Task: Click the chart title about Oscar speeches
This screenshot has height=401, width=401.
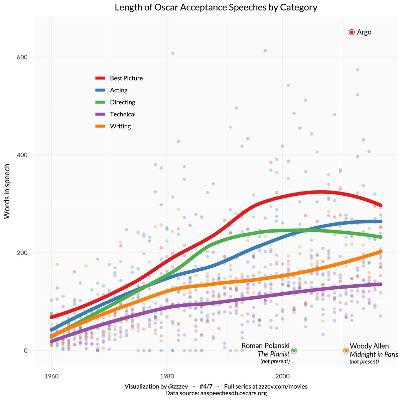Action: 216,7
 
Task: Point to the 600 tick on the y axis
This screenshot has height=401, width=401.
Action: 22,57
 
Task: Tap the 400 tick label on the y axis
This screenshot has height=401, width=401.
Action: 22,155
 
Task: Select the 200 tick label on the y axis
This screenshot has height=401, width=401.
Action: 22,253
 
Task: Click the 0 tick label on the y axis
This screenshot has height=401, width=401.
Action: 25,351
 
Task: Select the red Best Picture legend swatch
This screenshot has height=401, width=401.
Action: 101,78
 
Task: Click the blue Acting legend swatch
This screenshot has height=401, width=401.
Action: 101,90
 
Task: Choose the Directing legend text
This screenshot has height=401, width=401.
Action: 123,102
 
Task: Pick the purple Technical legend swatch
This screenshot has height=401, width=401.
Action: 101,114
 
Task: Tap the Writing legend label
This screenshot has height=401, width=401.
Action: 120,126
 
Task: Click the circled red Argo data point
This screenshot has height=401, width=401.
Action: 352,32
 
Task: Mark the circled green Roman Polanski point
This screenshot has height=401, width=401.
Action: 294,351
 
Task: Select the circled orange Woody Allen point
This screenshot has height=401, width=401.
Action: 346,351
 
